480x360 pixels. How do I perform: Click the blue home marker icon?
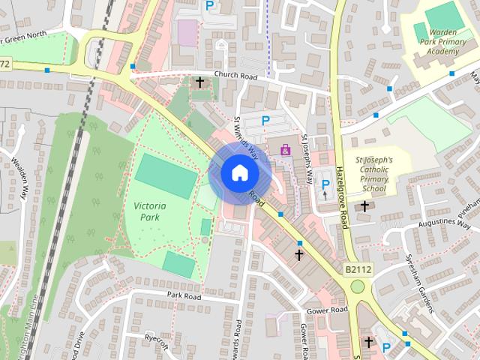point(239,173)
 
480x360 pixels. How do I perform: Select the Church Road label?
point(235,76)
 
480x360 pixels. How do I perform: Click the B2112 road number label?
point(359,268)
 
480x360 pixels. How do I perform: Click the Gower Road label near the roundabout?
point(327,310)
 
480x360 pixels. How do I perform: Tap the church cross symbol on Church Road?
point(199,82)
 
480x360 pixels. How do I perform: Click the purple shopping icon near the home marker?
point(285,151)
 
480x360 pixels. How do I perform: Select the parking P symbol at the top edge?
point(211,5)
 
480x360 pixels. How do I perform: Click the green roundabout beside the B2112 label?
point(357,286)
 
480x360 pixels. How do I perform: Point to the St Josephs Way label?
point(306,159)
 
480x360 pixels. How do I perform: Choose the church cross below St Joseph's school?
point(365,206)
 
